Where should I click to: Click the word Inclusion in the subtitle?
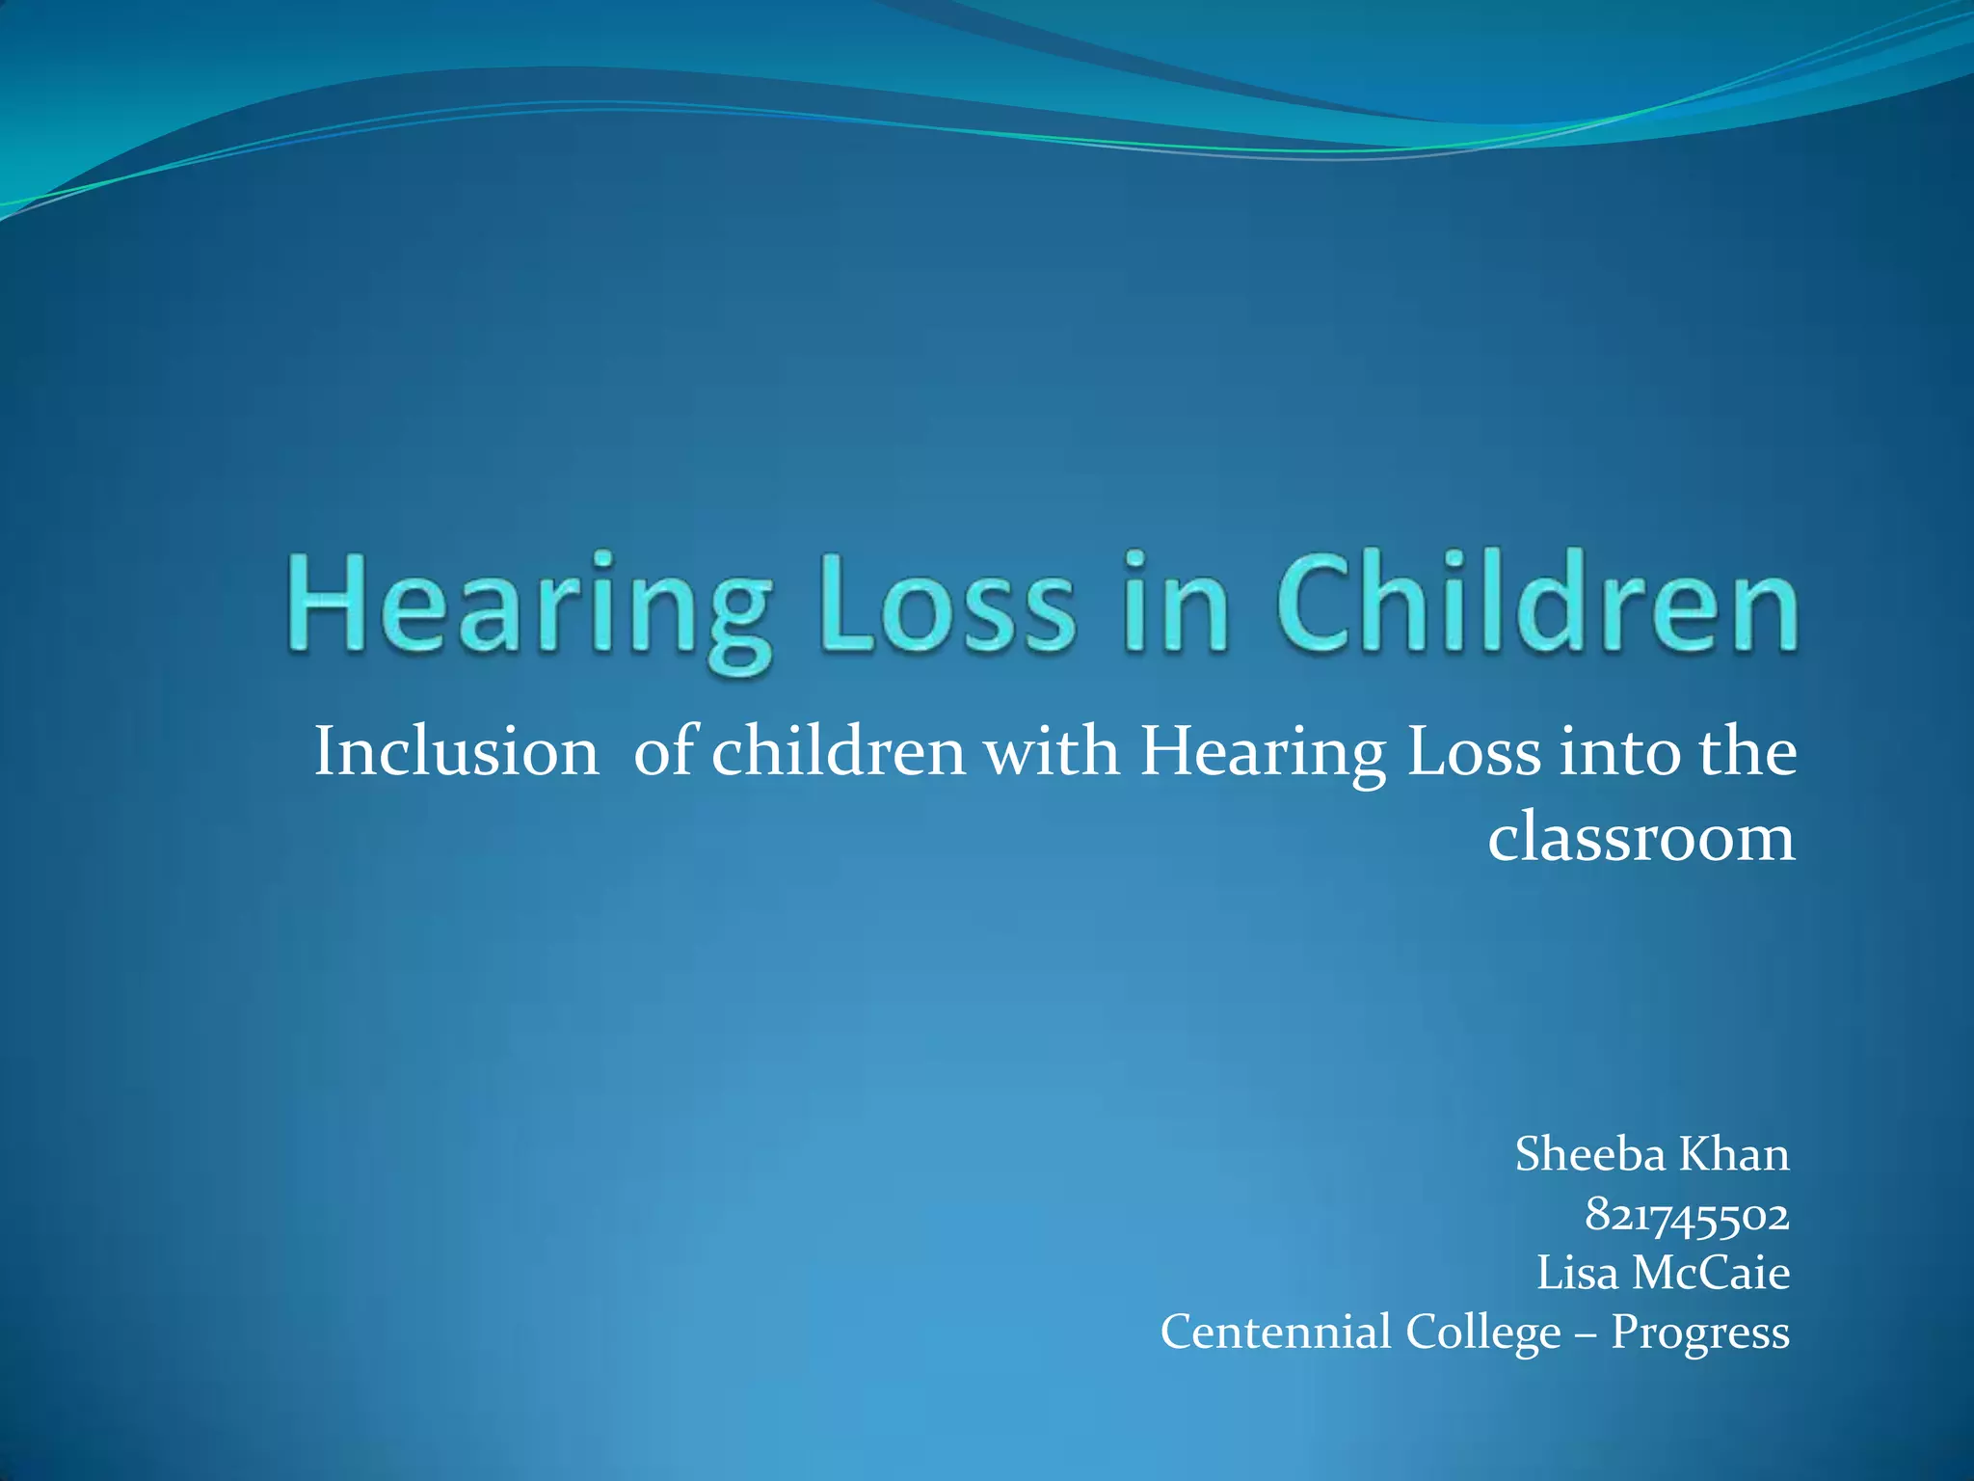456,752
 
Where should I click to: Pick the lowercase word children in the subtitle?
839,752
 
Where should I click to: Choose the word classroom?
1641,837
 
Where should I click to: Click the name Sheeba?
1589,1154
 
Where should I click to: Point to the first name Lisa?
1577,1273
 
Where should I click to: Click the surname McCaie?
1711,1273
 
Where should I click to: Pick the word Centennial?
1276,1333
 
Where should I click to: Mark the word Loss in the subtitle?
1474,752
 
